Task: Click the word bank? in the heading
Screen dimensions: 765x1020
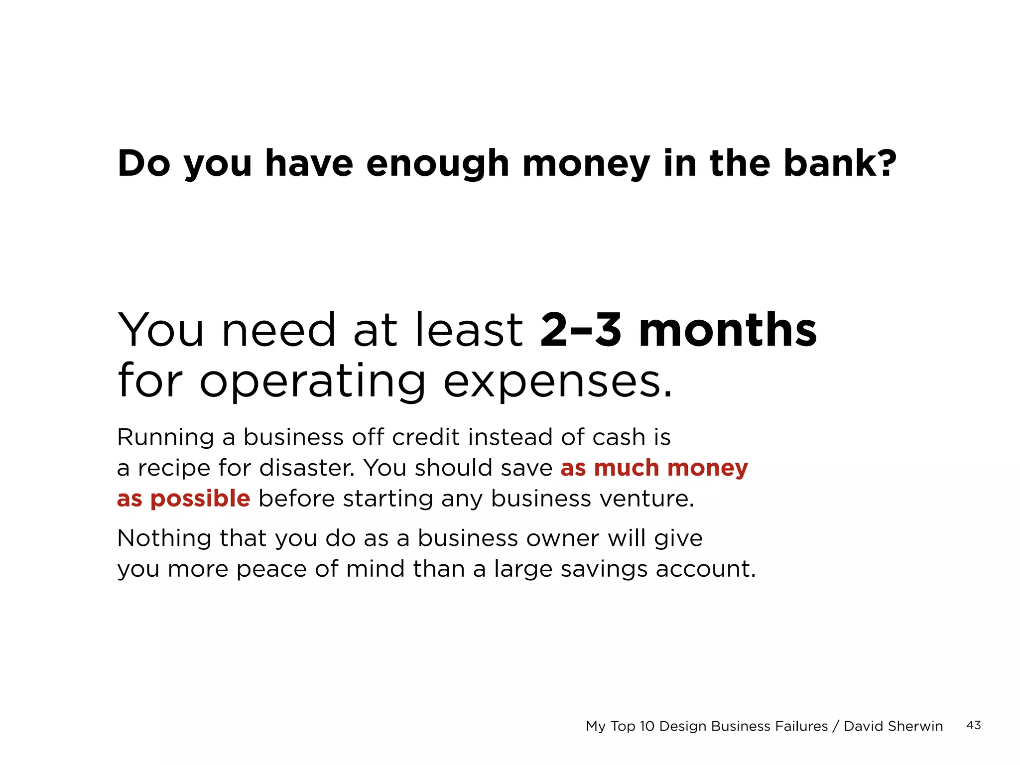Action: (x=840, y=163)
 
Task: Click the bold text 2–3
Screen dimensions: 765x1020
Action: (x=580, y=330)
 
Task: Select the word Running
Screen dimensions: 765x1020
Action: (x=165, y=438)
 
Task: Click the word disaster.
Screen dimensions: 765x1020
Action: (x=307, y=468)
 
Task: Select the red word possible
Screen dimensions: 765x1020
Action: (x=200, y=499)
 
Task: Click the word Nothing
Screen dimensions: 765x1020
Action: (x=164, y=538)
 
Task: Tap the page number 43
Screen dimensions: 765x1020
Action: (x=973, y=725)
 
